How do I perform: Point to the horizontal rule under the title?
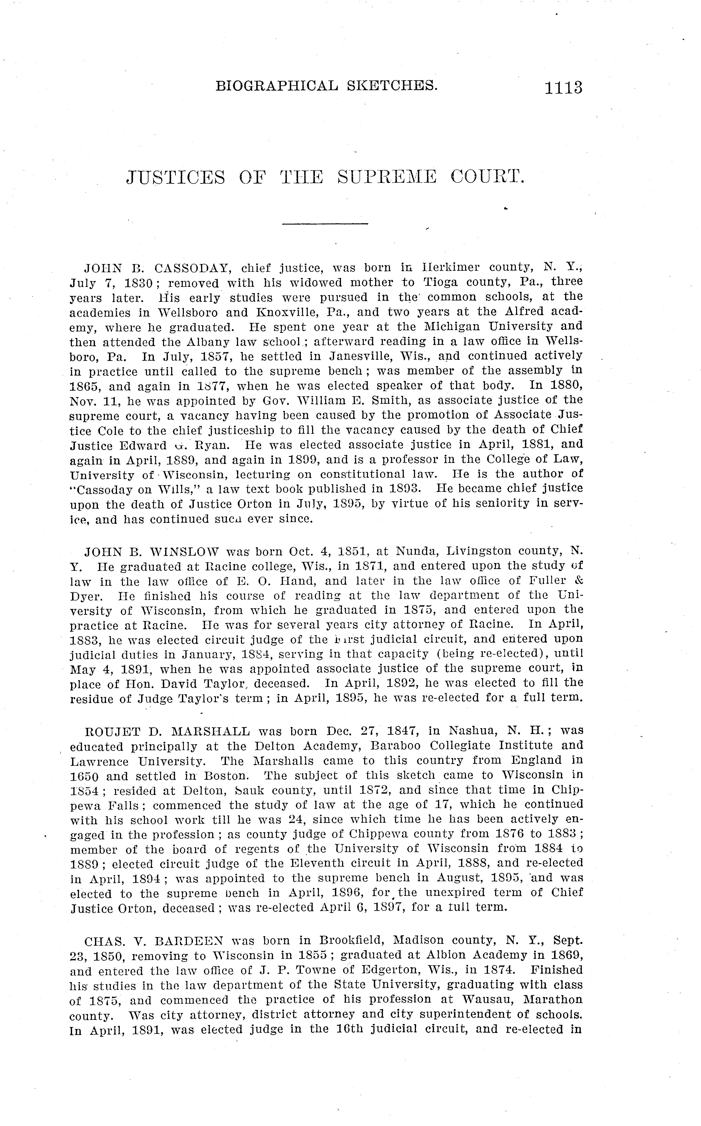(325, 224)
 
